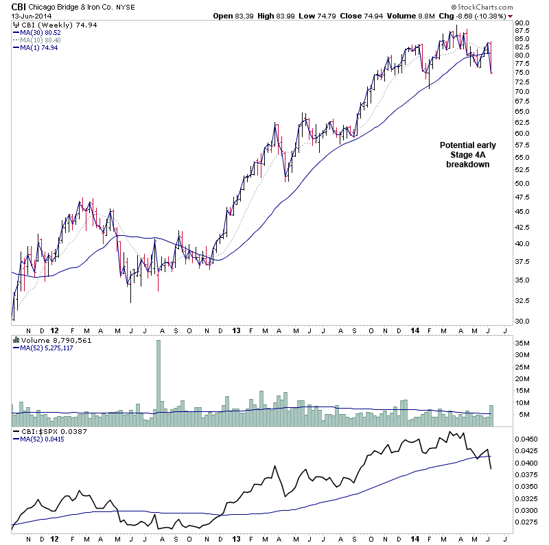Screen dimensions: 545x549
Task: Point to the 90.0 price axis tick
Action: tap(524, 23)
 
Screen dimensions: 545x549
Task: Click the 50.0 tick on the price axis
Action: tap(524, 184)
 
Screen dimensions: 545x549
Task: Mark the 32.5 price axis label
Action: tap(524, 300)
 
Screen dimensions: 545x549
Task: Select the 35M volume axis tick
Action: tap(524, 343)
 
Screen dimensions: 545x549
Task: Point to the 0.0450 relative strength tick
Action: tap(525, 439)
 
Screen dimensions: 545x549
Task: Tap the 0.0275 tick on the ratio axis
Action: tap(525, 522)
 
